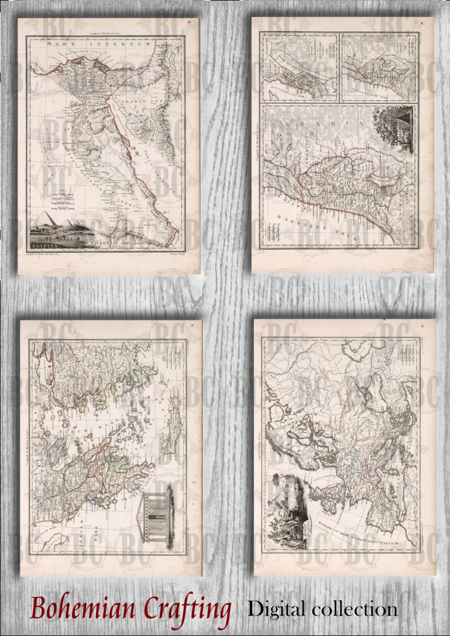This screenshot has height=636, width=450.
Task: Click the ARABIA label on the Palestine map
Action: tap(324, 125)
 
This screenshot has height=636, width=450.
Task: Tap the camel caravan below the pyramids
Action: tap(59, 237)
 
